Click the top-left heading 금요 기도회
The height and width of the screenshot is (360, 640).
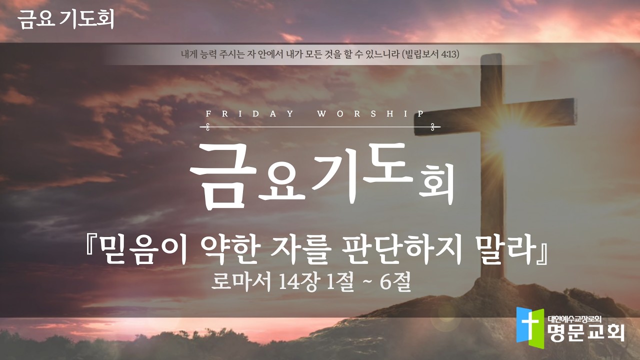[65, 19]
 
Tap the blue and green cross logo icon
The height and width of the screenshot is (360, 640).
[530, 325]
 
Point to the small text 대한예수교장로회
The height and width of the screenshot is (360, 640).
[574, 318]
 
